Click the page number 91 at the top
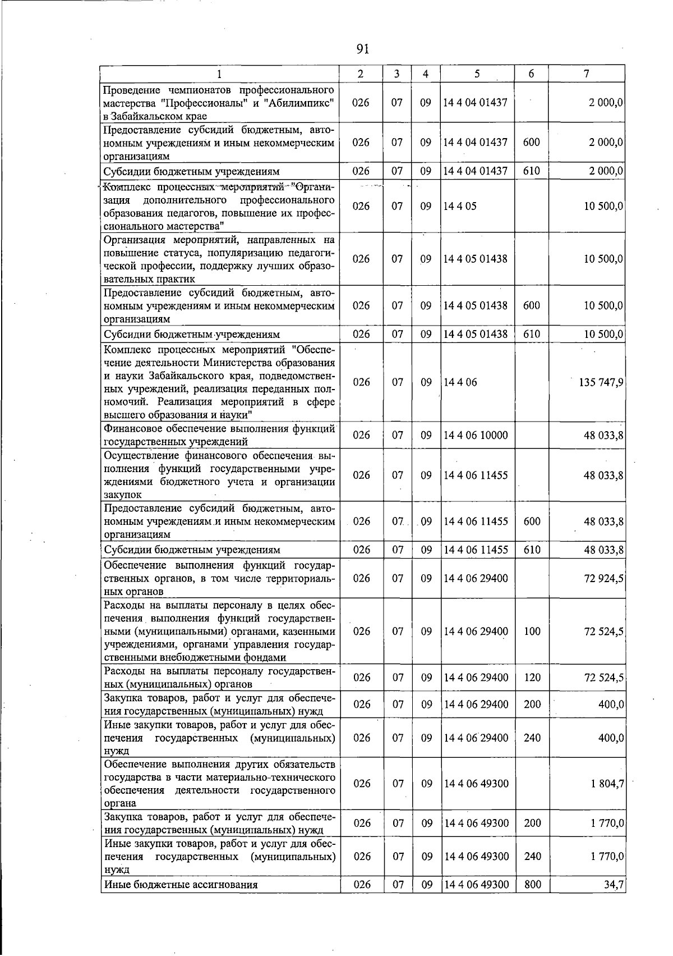coord(362,49)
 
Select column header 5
coord(476,74)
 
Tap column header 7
coord(586,74)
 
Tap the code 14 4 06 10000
coord(476,435)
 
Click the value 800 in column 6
coord(532,885)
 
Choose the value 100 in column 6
coord(532,631)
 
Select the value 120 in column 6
coord(532,678)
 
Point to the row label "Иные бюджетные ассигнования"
coord(181,885)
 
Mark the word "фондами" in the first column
coord(267,657)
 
